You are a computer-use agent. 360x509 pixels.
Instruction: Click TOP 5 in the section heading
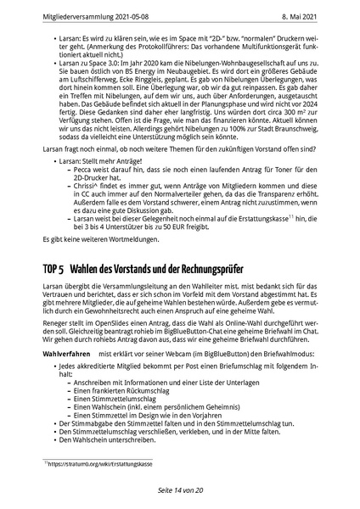[57, 269]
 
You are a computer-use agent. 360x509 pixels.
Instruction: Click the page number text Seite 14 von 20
[180, 490]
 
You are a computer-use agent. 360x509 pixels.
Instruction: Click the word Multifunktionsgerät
[272, 53]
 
